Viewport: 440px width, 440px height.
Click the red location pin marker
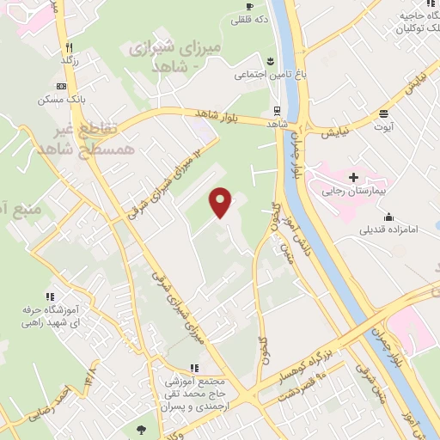[x=222, y=202]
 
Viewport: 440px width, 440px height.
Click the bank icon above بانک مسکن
[x=61, y=87]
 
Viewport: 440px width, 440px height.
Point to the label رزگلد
[x=70, y=61]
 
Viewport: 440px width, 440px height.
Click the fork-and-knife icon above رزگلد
[x=70, y=47]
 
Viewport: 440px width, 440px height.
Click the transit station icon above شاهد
[x=276, y=110]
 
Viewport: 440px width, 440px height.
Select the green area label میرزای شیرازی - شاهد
[x=174, y=56]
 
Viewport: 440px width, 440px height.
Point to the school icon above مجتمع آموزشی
[x=193, y=367]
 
